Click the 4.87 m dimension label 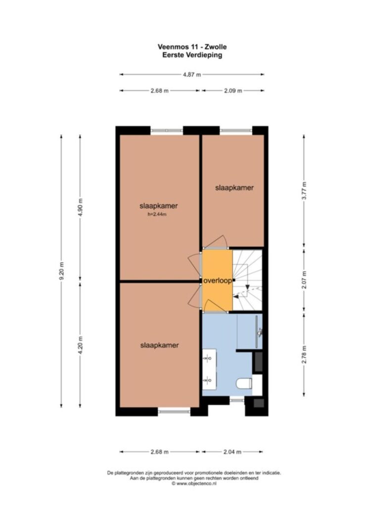192,74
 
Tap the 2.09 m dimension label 233,91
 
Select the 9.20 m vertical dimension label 61,271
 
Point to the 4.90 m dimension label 80,208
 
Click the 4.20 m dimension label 80,345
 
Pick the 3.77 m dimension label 304,191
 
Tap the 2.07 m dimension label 304,280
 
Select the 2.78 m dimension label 304,355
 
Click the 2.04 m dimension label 232,452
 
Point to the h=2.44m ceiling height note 157,214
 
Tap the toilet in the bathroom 244,384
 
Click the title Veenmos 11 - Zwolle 192,47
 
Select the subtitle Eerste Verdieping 192,55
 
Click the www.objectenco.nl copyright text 194,483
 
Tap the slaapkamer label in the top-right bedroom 234,188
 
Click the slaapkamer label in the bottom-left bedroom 159,345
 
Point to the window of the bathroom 237,400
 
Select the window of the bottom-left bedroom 174,411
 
